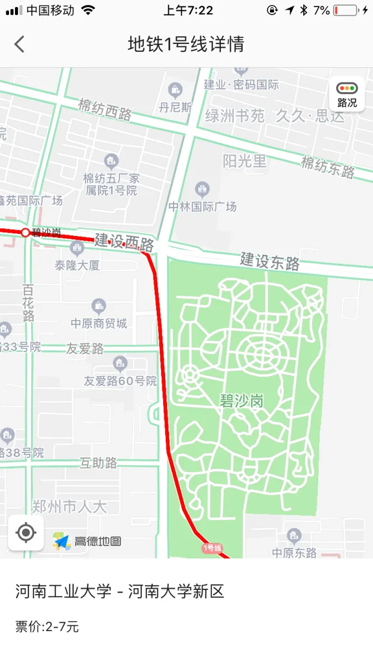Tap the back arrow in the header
tap(19, 44)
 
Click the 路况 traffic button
tap(347, 95)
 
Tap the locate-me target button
tap(26, 533)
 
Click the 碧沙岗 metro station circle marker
tap(25, 232)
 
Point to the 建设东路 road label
tap(270, 261)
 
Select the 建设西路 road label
tap(124, 242)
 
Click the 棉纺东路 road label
tap(328, 167)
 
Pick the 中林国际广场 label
tap(203, 206)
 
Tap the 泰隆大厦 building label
tap(77, 265)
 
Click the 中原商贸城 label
tap(99, 323)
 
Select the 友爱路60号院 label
tap(120, 381)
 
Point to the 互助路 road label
tap(98, 463)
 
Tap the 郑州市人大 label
tap(69, 506)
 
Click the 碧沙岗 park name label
tap(242, 401)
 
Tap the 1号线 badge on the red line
tap(212, 548)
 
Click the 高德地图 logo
tap(87, 541)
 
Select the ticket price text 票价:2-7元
tap(47, 627)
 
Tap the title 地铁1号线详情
tap(186, 44)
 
